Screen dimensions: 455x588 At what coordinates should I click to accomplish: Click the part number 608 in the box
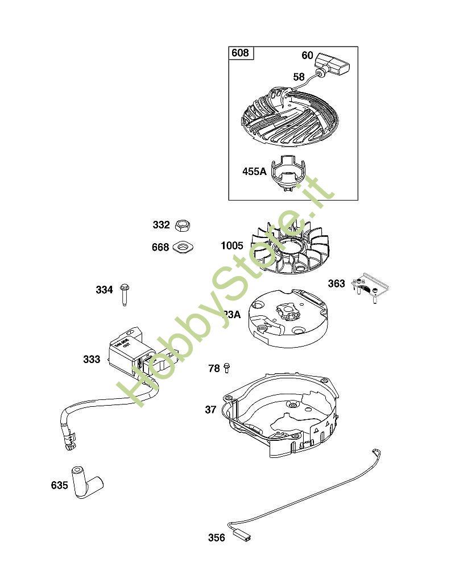click(241, 53)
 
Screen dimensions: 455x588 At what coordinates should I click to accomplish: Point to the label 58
click(299, 77)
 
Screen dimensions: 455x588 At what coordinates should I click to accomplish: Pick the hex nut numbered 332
click(183, 225)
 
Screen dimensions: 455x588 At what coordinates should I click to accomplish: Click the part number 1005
click(232, 246)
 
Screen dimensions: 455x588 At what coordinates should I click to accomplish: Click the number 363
click(336, 283)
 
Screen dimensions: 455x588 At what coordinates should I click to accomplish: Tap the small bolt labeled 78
click(226, 368)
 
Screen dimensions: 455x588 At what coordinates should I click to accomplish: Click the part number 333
click(92, 359)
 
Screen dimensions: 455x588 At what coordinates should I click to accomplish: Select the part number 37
click(210, 409)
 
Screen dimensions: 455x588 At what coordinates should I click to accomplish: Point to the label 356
click(217, 537)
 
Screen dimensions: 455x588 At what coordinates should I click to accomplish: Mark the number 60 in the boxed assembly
click(307, 55)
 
